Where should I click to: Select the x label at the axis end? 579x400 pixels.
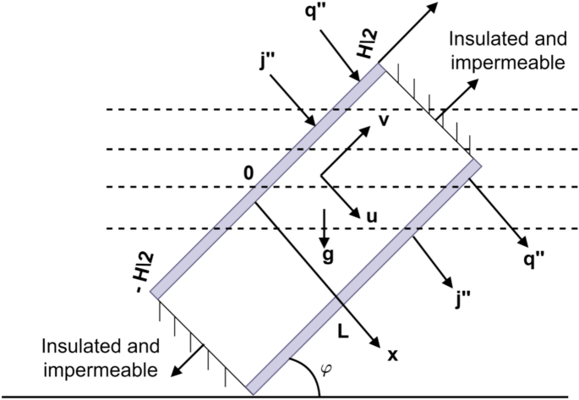click(391, 356)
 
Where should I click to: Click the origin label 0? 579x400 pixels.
click(248, 173)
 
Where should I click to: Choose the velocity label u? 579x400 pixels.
click(369, 216)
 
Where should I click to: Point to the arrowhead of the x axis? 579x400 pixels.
click(372, 342)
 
